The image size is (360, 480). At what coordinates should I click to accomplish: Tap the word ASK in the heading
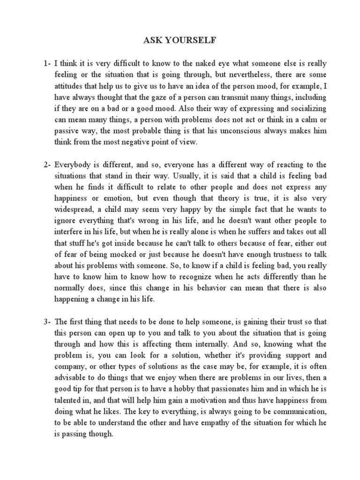pos(153,41)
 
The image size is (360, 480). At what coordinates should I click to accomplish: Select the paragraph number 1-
pos(45,62)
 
